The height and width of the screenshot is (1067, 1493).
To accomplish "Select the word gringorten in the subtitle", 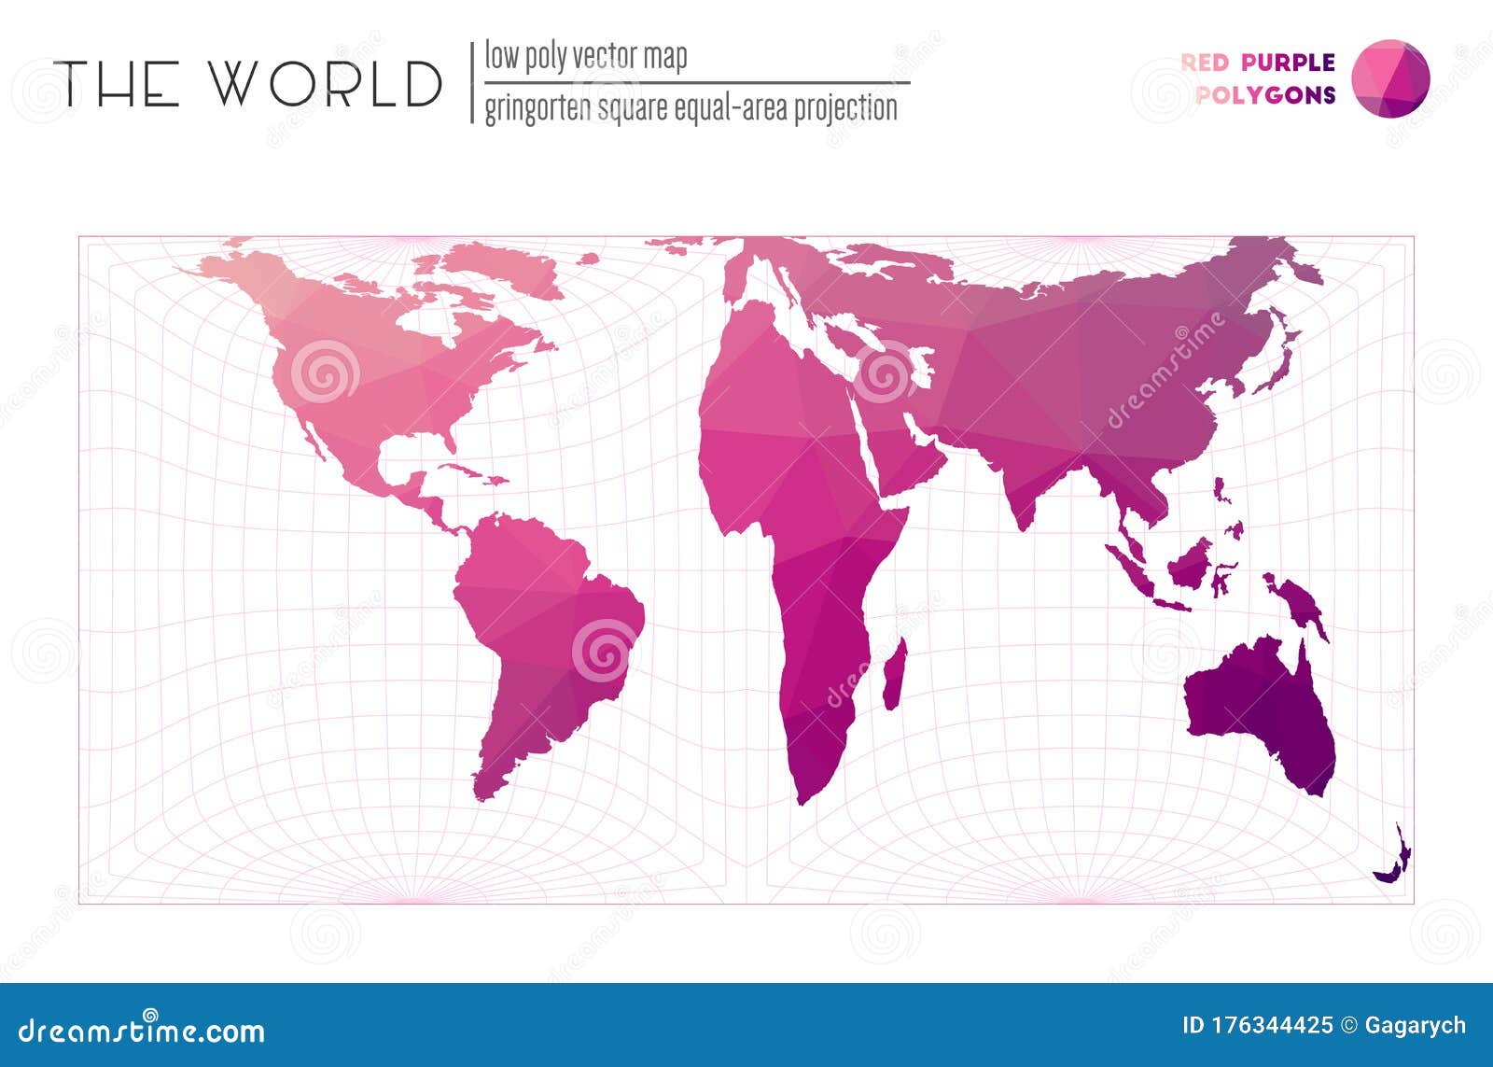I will (537, 108).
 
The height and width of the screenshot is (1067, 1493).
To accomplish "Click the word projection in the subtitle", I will (844, 108).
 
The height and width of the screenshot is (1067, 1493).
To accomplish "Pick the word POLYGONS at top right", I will (1265, 94).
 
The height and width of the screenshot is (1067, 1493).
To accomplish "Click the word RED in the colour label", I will (1205, 63).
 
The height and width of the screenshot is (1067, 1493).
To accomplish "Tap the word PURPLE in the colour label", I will (1288, 63).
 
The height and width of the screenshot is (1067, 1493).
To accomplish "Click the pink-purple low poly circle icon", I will (1390, 79).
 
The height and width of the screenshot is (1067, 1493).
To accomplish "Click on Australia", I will (1260, 709).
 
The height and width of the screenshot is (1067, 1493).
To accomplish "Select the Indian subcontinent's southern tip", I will (1024, 523).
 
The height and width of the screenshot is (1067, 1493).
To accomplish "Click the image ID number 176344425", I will (1257, 1025).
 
